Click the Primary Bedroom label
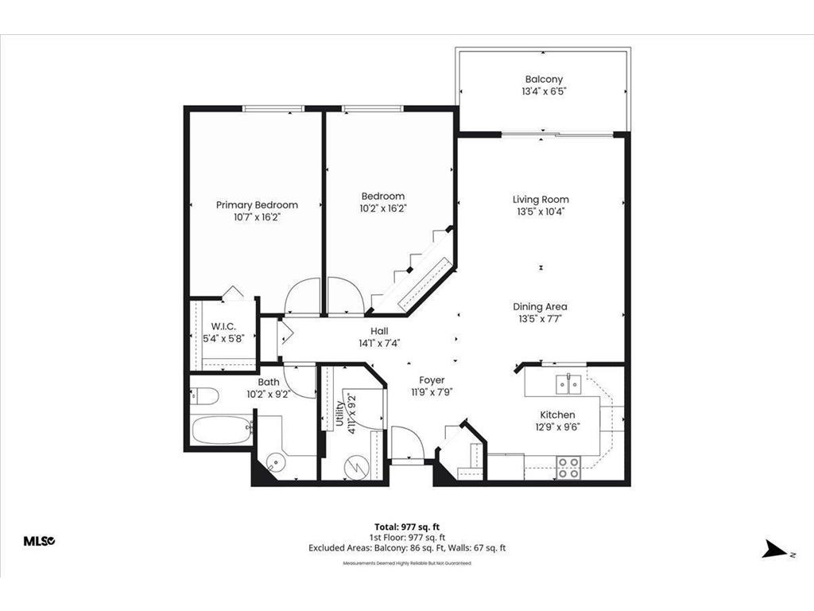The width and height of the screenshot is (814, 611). point(257,204)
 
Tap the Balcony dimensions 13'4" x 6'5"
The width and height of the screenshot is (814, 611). point(544,91)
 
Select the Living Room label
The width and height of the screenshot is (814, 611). point(541,200)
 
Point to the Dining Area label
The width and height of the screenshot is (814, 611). point(541,306)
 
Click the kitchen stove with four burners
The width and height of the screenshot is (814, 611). point(568,468)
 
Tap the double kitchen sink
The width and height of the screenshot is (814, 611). point(568,385)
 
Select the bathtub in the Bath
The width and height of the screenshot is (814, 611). point(222,431)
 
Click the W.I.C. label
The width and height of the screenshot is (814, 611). point(223,326)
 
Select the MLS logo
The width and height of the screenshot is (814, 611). point(37,541)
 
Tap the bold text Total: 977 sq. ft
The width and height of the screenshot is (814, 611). point(406,527)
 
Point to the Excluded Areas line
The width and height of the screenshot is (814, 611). point(406,547)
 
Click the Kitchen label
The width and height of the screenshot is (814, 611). point(557,415)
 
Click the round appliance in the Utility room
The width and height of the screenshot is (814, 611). point(357,466)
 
